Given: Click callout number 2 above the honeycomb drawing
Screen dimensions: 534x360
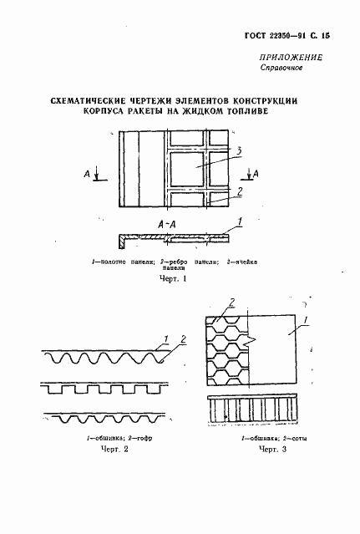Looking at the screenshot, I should [x=231, y=302].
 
